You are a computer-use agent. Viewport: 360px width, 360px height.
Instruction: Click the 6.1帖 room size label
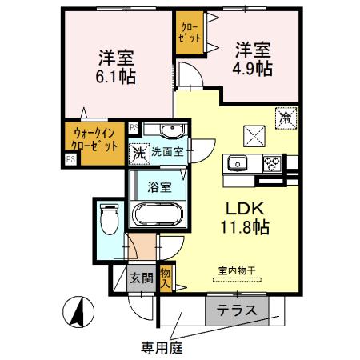(x=116, y=78)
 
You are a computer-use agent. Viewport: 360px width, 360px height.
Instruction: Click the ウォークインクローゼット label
(x=95, y=141)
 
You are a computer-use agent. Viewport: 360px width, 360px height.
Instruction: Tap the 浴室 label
(x=159, y=188)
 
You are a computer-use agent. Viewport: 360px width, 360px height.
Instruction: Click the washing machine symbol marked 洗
(x=139, y=151)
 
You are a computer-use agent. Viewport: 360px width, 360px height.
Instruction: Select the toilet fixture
(x=108, y=218)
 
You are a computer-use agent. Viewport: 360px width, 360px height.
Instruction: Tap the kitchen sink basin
(x=238, y=165)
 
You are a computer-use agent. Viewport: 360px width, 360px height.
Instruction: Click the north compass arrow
(x=80, y=311)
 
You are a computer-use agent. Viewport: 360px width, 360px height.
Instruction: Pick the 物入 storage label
(x=166, y=277)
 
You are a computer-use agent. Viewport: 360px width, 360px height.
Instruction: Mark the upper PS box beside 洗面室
(x=133, y=126)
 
